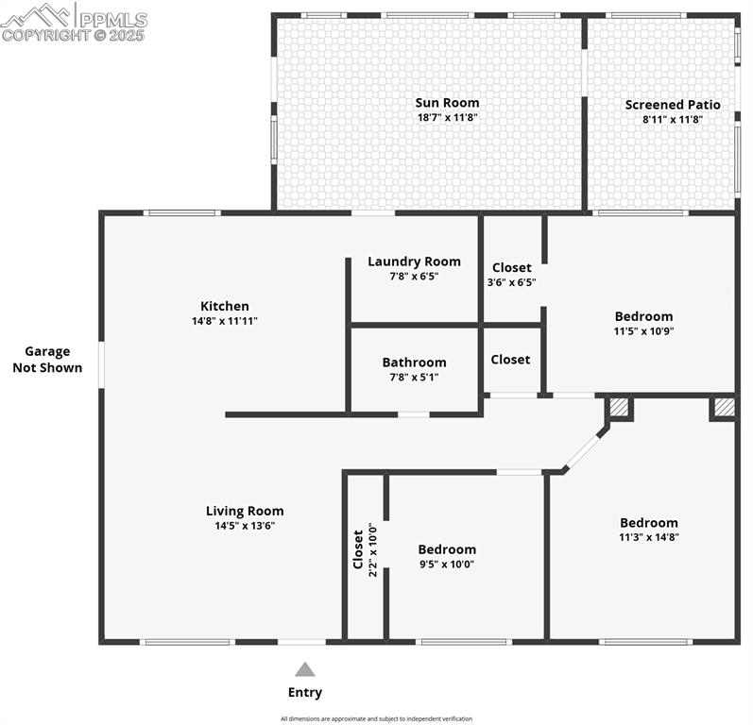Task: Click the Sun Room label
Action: pos(447,103)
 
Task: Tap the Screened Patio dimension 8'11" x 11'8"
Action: pos(673,120)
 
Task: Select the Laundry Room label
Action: pos(414,261)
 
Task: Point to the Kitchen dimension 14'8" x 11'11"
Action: pos(225,321)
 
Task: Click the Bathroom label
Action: pos(414,362)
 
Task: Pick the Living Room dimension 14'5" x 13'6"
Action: pos(245,527)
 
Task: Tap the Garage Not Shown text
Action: pos(47,360)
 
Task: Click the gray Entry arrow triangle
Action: pos(304,669)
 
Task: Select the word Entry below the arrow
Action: pos(304,693)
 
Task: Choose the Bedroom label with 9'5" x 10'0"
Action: pos(447,549)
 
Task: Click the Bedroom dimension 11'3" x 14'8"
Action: pos(648,537)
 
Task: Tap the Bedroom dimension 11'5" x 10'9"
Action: pos(643,331)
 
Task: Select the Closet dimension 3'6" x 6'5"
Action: pos(511,282)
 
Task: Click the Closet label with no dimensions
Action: pos(510,360)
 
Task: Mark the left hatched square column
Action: pos(619,407)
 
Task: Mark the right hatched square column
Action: pos(723,407)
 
